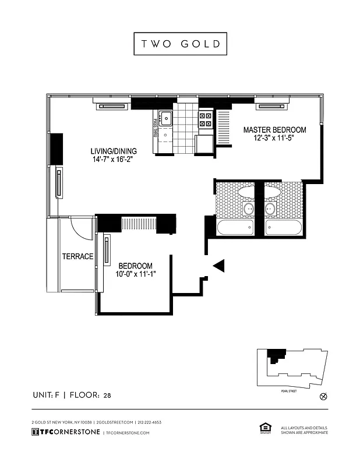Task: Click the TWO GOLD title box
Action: tap(180, 44)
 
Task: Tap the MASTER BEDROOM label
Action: tap(274, 129)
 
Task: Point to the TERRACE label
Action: tap(78, 256)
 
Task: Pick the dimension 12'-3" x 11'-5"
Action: tap(274, 138)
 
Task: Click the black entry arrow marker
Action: tap(218, 266)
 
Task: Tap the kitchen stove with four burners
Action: tap(206, 119)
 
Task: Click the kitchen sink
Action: tap(166, 119)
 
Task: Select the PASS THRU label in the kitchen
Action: tap(156, 125)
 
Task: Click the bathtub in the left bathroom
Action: tap(235, 227)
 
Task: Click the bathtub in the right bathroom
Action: tap(283, 227)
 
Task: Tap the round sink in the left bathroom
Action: tap(249, 209)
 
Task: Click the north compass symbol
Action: tap(324, 397)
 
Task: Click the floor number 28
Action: tap(107, 396)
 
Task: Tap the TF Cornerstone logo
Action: tap(65, 432)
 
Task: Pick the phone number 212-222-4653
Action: tap(149, 422)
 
